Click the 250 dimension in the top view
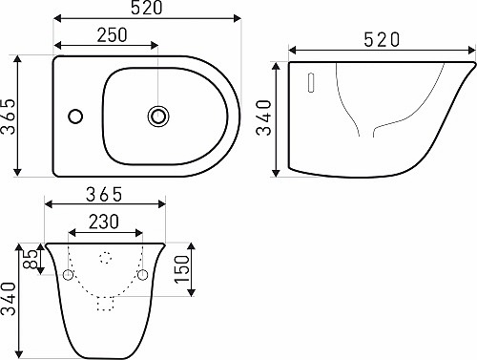click(113, 33)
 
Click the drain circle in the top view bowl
click(157, 116)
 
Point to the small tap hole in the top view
click(73, 118)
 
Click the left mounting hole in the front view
click(68, 275)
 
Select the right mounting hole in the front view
click(144, 275)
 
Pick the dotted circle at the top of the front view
click(106, 257)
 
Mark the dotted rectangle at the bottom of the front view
click(106, 303)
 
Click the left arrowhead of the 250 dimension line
click(58, 46)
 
